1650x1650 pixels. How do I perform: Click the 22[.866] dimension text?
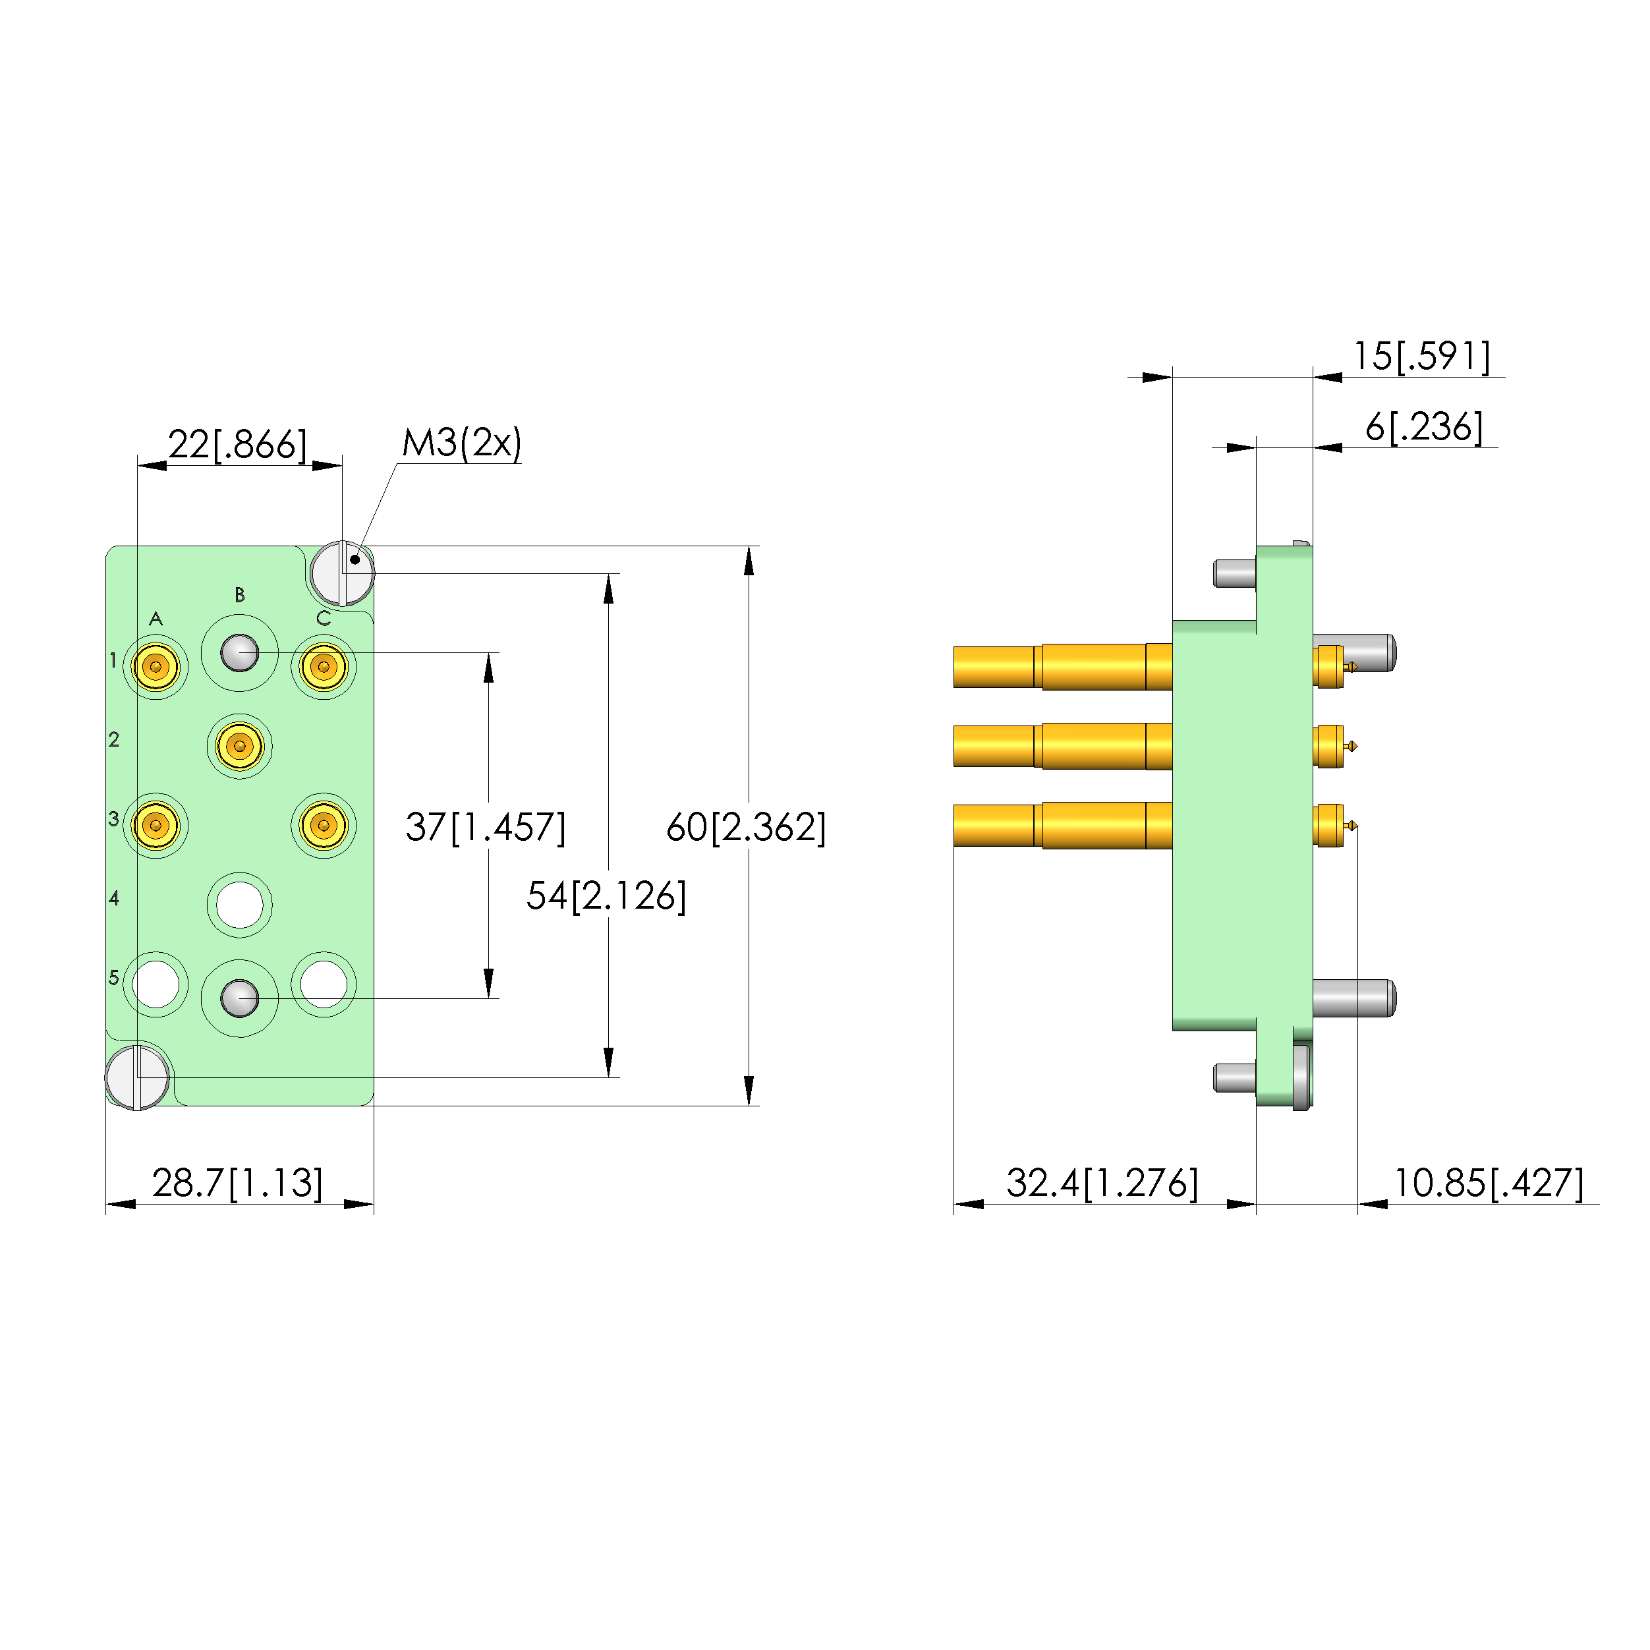[237, 444]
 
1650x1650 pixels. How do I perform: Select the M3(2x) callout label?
[461, 442]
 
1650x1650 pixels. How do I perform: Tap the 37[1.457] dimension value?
[485, 827]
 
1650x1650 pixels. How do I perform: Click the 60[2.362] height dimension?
[745, 827]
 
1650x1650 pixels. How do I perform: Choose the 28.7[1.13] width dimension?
[237, 1183]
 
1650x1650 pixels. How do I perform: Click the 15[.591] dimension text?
[1421, 356]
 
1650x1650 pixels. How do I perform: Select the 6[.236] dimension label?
[1424, 427]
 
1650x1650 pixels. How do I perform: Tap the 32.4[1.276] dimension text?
[1102, 1183]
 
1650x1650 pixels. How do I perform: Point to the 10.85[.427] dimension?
[1489, 1183]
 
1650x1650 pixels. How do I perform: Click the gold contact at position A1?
[156, 666]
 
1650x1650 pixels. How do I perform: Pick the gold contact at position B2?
[240, 745]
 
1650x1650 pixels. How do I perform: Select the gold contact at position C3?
[324, 825]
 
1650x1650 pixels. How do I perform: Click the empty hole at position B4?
[240, 905]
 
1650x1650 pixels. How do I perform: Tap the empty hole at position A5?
[156, 984]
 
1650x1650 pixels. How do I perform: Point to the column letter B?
[240, 595]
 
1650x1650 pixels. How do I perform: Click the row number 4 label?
[113, 897]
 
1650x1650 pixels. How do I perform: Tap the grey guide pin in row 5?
[240, 998]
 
